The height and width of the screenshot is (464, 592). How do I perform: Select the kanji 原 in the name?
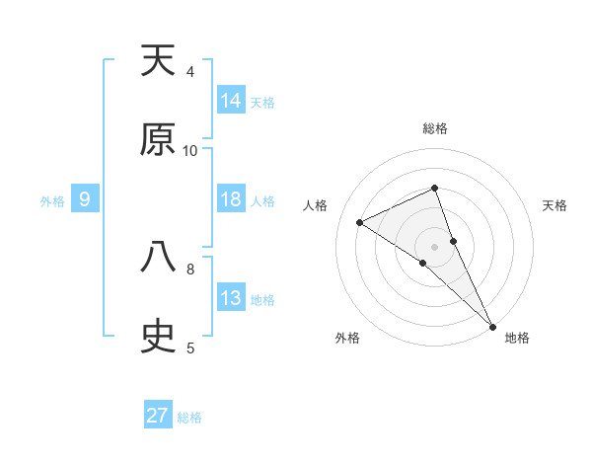158,140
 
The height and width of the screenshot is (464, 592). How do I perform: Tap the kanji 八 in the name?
158,258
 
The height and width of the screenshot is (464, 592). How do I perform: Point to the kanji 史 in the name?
158,337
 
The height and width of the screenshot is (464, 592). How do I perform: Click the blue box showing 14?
231,101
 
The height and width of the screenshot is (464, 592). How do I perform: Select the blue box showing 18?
231,199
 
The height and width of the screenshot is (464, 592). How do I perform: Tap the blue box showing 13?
231,298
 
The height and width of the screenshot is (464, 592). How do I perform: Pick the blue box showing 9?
85,200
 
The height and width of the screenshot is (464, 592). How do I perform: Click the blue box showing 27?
158,416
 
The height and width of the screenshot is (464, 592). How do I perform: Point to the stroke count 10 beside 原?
190,150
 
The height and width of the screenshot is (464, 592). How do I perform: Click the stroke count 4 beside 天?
190,71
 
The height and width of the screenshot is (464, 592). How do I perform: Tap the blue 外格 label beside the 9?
52,201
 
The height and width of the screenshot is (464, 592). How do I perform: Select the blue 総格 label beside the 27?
189,417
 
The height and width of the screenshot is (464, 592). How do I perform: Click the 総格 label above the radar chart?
435,128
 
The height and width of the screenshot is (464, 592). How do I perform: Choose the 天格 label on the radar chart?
555,205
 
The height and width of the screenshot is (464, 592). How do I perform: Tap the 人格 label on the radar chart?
315,205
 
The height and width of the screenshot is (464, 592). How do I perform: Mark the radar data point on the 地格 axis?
491,325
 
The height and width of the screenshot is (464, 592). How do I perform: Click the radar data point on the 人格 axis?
360,222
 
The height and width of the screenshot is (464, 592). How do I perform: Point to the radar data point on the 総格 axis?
435,188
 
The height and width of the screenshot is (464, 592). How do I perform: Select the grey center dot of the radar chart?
435,246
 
